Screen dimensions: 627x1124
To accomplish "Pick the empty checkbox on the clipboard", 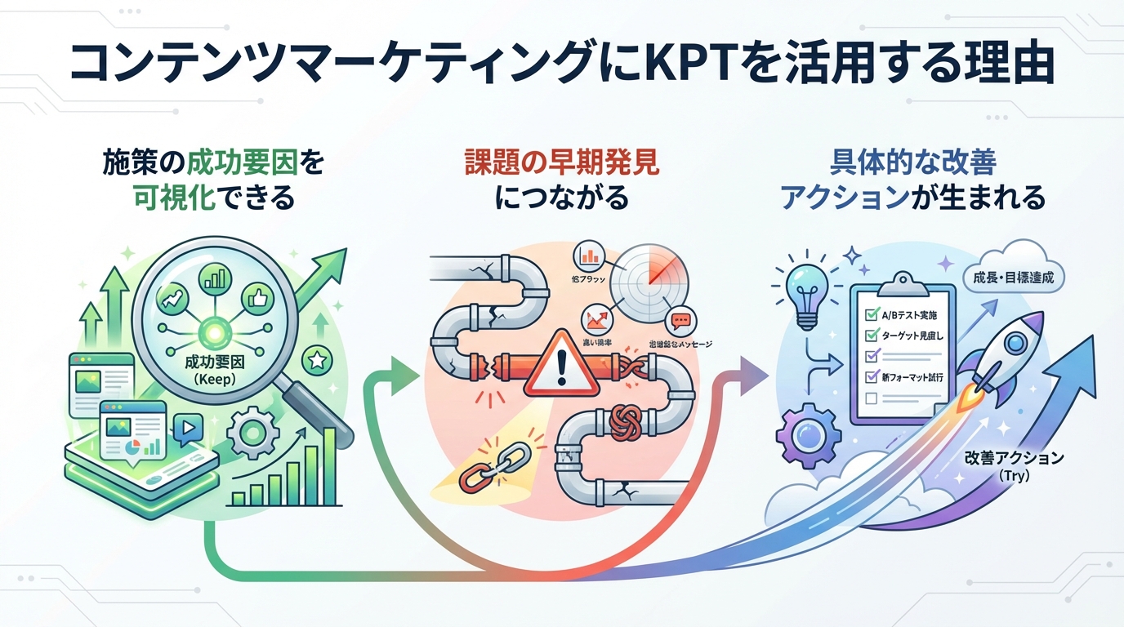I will point(870,398).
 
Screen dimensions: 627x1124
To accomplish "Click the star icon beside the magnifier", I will point(316,359).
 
